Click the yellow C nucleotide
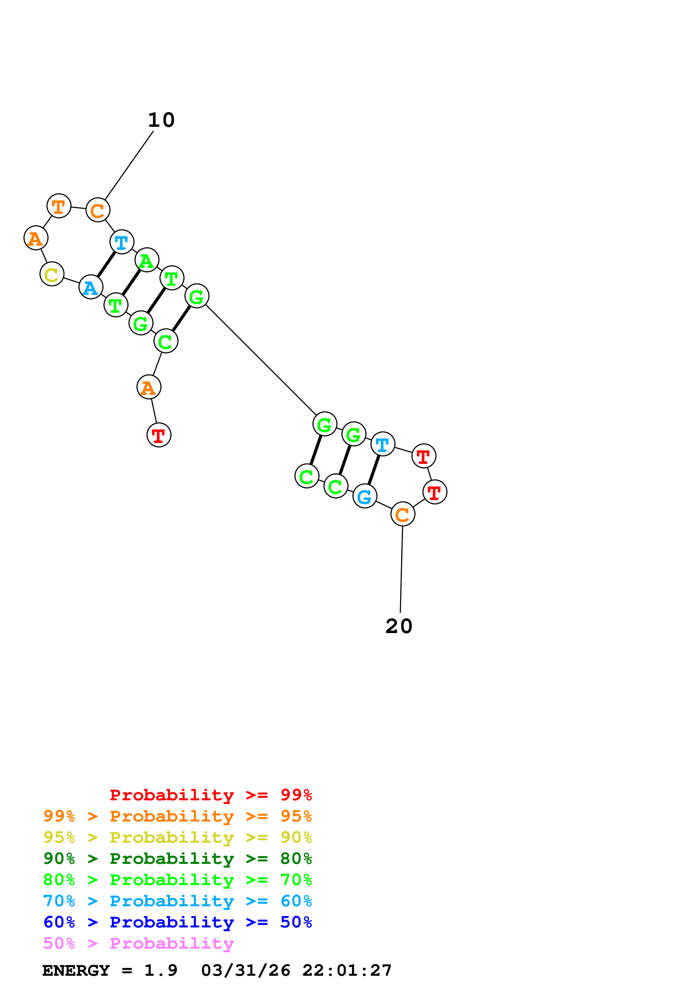52,274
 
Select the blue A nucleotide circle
91,287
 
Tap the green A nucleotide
147,260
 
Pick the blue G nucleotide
365,496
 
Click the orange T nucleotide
59,206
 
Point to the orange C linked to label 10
98,210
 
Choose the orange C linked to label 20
402,514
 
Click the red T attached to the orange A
159,435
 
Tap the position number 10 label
161,120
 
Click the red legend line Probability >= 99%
210,795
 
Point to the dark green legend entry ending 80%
177,859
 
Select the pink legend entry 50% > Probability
138,944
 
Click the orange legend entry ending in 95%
177,816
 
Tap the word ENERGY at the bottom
76,971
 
